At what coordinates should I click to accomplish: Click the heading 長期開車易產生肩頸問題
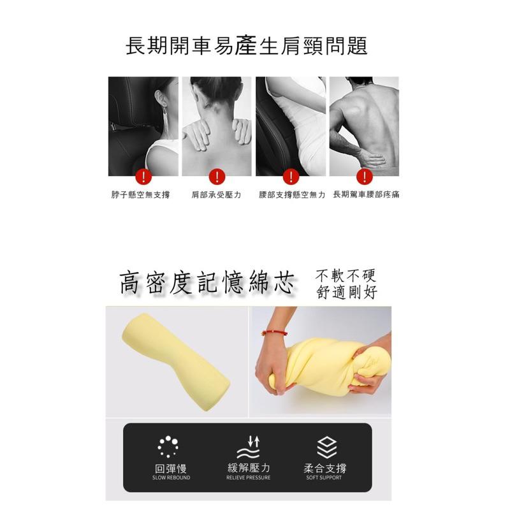click(247, 46)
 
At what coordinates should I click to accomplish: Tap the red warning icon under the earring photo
click(143, 177)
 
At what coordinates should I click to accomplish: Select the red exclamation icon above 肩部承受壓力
click(217, 177)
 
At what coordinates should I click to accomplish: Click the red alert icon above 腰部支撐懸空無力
click(291, 177)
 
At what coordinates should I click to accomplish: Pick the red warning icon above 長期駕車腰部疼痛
click(365, 177)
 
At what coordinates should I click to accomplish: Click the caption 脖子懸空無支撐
click(140, 195)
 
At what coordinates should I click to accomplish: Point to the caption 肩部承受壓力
click(216, 195)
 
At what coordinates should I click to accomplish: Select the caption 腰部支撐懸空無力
click(292, 195)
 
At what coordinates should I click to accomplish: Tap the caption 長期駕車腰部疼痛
click(366, 194)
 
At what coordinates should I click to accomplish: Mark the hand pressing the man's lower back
click(371, 158)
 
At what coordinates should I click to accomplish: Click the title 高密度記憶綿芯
click(207, 282)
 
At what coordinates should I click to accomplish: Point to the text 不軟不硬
click(346, 276)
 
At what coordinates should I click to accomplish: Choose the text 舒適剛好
click(347, 292)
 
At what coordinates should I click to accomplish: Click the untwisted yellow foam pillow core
click(176, 361)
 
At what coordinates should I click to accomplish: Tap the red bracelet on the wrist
click(275, 333)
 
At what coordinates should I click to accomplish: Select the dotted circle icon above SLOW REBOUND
click(168, 447)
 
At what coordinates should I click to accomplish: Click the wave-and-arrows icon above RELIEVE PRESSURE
click(248, 448)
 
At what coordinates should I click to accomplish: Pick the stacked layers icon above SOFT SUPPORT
click(326, 448)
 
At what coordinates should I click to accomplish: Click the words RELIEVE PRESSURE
click(248, 477)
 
